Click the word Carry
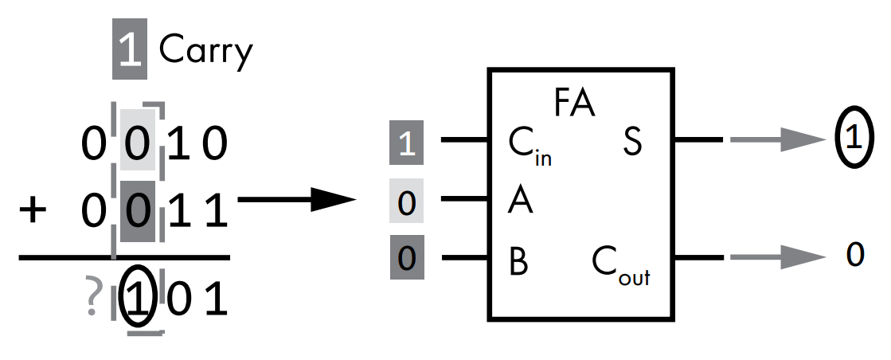point(205,52)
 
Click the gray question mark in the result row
point(94,300)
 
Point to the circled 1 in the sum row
point(138,300)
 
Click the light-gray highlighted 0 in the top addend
point(137,145)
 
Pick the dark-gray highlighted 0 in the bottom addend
point(137,212)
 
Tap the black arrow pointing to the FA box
point(296,199)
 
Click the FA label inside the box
point(574,104)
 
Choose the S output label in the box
point(632,144)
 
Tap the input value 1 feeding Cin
point(406,144)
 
